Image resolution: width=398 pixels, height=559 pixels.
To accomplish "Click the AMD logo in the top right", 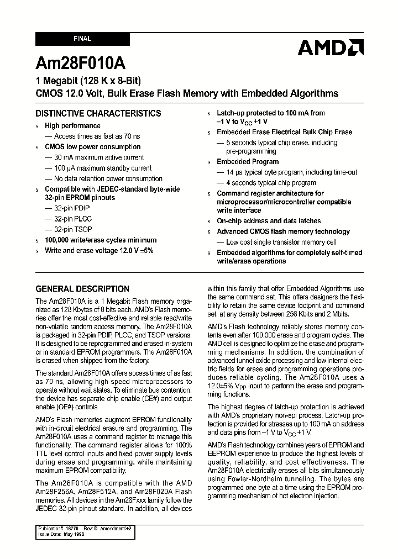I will [x=330, y=48].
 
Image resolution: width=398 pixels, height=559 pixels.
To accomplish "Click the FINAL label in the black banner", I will [x=82, y=39].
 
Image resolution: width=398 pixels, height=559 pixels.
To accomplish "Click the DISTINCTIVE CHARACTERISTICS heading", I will [x=98, y=113].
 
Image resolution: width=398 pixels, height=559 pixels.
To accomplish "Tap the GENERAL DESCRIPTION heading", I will [x=82, y=288].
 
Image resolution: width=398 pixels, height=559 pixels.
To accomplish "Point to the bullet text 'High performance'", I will [x=72, y=126].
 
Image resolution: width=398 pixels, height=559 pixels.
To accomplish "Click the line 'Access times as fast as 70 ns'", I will [x=96, y=136].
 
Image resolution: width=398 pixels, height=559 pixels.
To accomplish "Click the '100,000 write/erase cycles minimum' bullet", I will [x=101, y=240].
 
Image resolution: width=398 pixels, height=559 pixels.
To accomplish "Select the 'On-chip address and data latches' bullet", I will [x=269, y=221].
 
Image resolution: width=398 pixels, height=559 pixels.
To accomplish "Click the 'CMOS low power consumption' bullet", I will [x=92, y=147].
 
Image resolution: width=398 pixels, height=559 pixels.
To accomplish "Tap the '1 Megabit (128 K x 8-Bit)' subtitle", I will [x=87, y=81].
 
